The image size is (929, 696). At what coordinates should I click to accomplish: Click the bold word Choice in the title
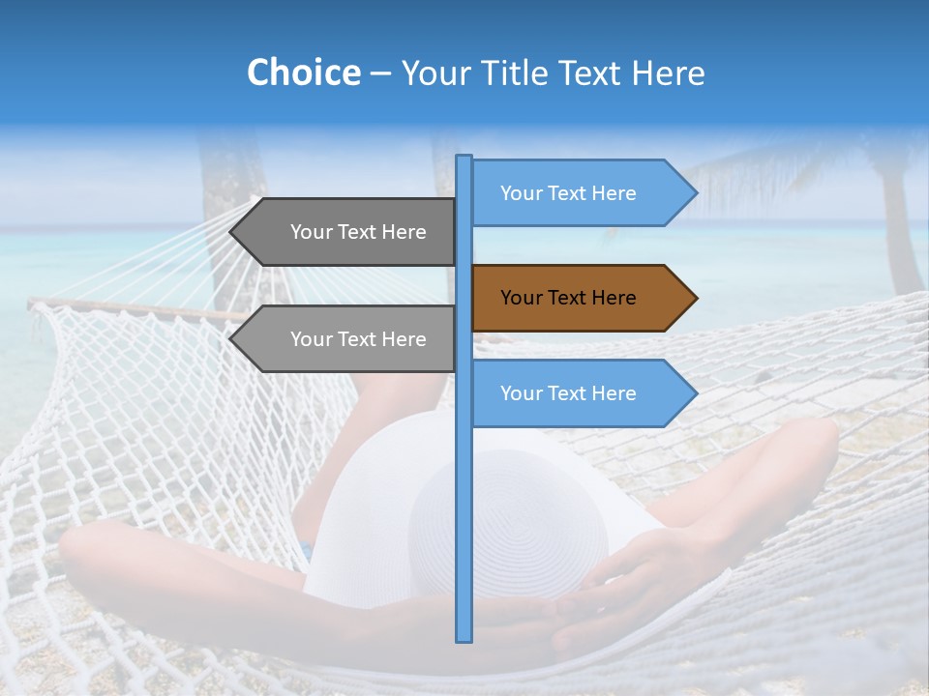click(x=303, y=72)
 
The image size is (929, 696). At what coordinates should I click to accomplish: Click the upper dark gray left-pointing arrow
click(x=348, y=232)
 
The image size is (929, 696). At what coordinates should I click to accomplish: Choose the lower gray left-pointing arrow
click(x=348, y=339)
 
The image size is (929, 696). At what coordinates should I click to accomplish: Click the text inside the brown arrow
click(x=568, y=298)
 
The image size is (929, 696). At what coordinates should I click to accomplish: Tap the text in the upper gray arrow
click(x=358, y=232)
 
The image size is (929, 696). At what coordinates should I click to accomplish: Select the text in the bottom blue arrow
click(x=568, y=393)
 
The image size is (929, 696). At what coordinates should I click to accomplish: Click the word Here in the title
click(x=668, y=72)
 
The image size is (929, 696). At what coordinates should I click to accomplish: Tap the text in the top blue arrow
click(x=568, y=193)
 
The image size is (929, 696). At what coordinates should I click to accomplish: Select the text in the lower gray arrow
click(x=358, y=339)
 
